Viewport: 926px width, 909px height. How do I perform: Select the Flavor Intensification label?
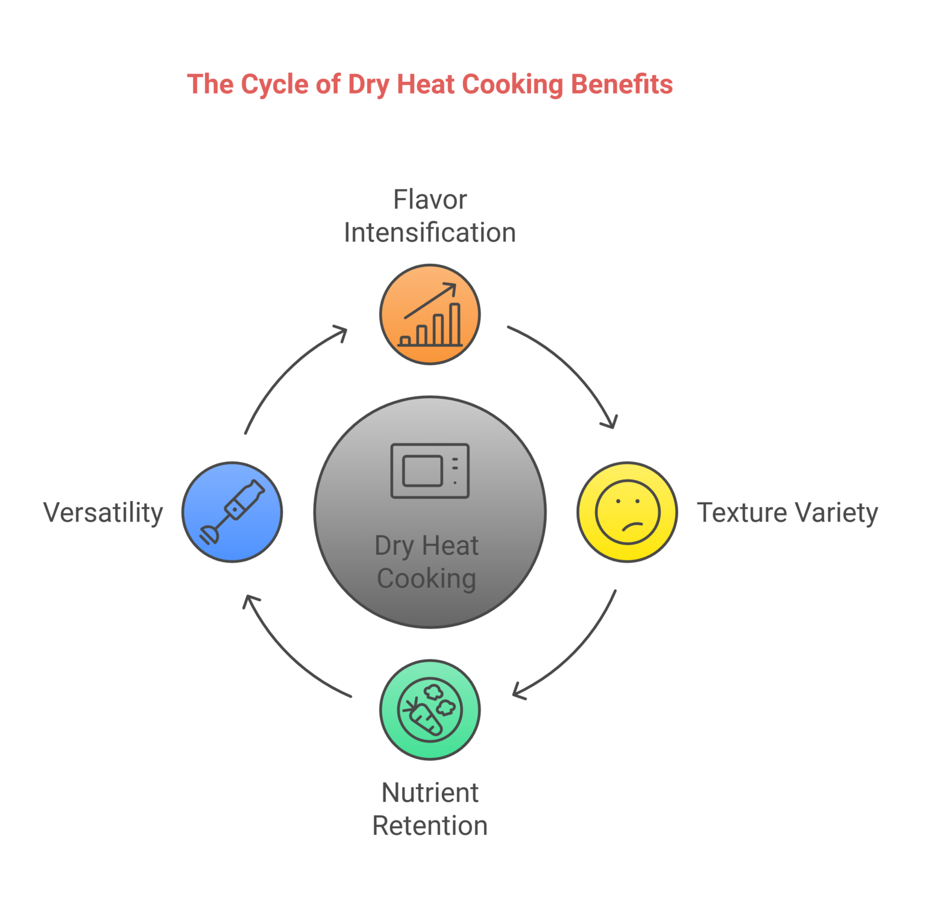click(430, 216)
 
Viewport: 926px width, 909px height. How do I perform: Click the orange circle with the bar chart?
click(430, 314)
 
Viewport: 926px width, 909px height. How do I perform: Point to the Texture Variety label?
click(787, 513)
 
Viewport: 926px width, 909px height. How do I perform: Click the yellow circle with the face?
click(627, 512)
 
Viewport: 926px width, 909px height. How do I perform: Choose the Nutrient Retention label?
click(430, 809)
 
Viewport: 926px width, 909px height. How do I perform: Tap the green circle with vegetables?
click(430, 710)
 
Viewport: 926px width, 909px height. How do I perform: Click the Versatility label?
click(103, 513)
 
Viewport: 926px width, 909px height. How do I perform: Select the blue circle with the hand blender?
click(232, 512)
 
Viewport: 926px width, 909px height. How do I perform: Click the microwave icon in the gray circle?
click(430, 471)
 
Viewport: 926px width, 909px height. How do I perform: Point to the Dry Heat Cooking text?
click(427, 562)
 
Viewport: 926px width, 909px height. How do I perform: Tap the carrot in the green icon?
click(426, 718)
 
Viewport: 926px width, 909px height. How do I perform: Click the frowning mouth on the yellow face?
click(631, 525)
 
